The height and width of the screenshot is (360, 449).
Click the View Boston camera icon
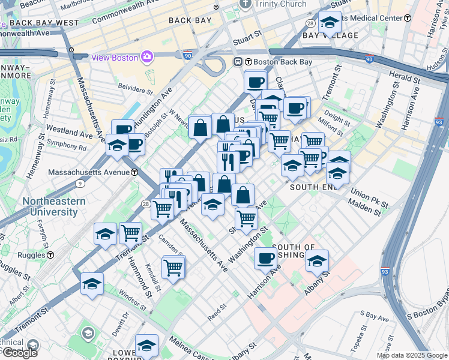pyautogui.click(x=146, y=57)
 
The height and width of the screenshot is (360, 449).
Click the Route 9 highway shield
pyautogui.click(x=80, y=184)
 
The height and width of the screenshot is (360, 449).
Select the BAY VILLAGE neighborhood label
pyautogui.click(x=331, y=35)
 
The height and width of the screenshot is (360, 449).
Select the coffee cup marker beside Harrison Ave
pyautogui.click(x=265, y=259)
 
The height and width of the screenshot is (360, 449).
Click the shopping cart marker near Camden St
pyautogui.click(x=173, y=266)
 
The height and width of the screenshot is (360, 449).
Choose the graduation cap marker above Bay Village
pyautogui.click(x=329, y=22)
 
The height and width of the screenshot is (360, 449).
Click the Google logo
pyautogui.click(x=20, y=352)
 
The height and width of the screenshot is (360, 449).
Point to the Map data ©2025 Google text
pyautogui.click(x=412, y=355)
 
